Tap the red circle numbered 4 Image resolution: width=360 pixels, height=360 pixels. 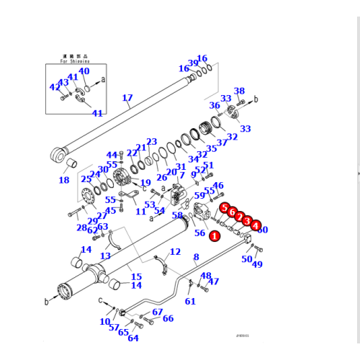[x=256, y=225]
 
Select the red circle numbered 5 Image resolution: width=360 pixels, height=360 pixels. [x=225, y=209]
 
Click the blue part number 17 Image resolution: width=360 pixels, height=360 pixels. [x=127, y=99]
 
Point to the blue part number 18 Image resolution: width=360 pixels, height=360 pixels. [x=64, y=180]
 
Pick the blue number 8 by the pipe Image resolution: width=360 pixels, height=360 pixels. [x=195, y=256]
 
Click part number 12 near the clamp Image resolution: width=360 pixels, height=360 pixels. [x=176, y=251]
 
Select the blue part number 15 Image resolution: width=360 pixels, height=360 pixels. [x=136, y=277]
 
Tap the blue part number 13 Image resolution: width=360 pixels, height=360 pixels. [x=105, y=256]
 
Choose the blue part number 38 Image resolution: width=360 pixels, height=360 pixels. [x=239, y=91]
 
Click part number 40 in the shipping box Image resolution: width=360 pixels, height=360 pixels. [x=84, y=71]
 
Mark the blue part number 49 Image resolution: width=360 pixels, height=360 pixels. [x=257, y=264]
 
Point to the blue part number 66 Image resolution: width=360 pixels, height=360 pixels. [x=168, y=318]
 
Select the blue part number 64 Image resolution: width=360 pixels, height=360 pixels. [x=133, y=338]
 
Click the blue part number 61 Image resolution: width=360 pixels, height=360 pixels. [x=190, y=301]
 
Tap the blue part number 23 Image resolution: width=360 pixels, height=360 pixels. [x=151, y=142]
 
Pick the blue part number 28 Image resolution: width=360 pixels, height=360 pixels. [x=81, y=228]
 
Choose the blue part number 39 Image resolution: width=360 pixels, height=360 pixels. [x=193, y=63]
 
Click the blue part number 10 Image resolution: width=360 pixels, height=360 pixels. [x=105, y=321]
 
